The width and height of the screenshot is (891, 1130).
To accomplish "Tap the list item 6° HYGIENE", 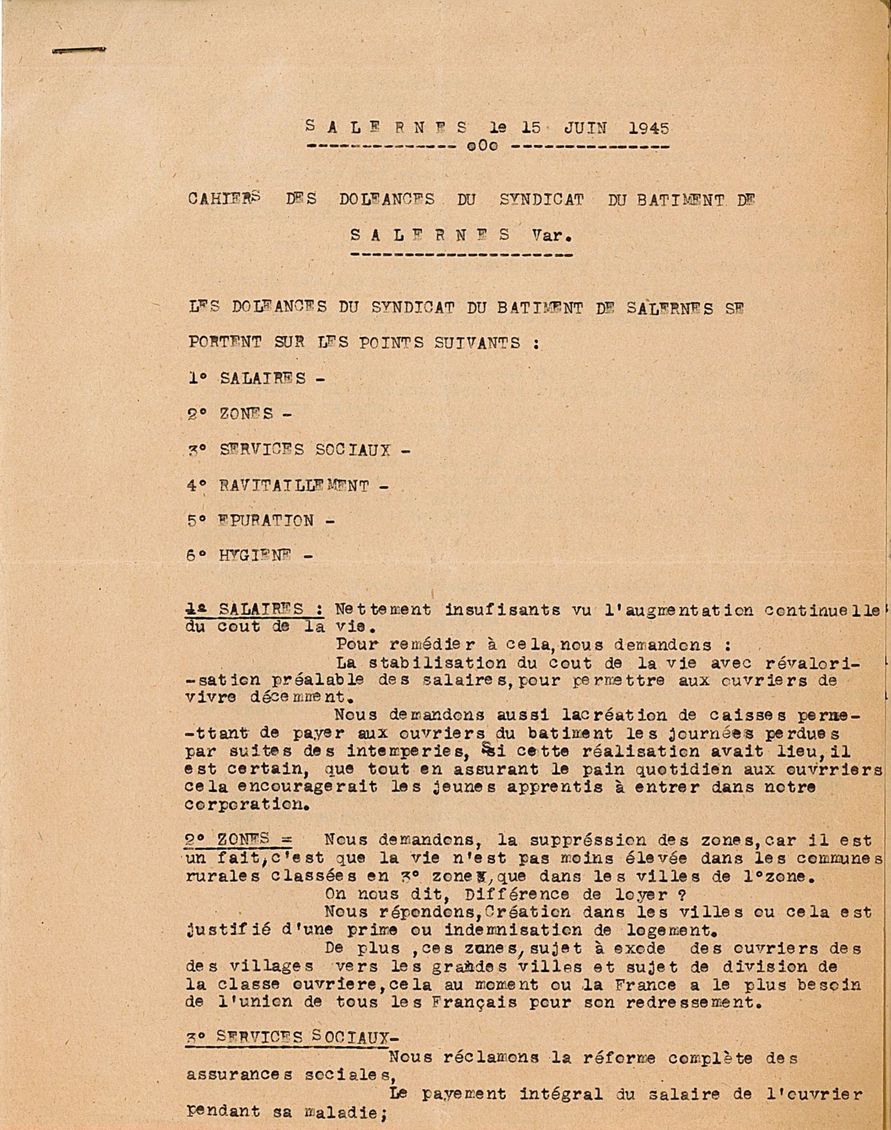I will pyautogui.click(x=250, y=555).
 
